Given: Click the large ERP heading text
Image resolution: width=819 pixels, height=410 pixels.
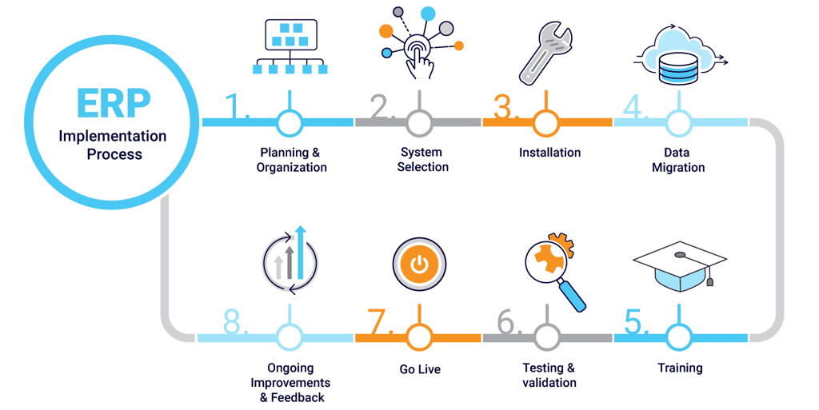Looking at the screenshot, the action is [114, 103].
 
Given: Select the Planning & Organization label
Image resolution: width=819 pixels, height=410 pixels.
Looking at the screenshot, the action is [291, 160].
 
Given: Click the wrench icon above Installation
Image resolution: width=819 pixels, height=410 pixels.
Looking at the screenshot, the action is [545, 53].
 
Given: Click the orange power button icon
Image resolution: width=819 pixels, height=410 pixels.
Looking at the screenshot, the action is [419, 265].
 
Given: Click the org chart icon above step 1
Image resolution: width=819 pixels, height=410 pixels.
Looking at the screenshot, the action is [290, 46].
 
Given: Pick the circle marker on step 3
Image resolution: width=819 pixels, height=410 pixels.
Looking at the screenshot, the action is [545, 123].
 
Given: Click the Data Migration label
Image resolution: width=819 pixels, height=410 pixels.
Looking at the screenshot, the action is [678, 160].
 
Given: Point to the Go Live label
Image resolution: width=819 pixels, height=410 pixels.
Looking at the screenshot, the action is [420, 368].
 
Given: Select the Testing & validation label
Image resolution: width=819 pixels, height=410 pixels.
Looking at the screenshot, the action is [549, 375].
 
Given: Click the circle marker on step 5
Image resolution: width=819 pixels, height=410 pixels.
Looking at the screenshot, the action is [678, 338].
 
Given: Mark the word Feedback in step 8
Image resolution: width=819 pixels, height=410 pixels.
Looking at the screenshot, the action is [298, 397].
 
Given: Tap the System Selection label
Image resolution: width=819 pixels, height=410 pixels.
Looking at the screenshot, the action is [422, 160].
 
